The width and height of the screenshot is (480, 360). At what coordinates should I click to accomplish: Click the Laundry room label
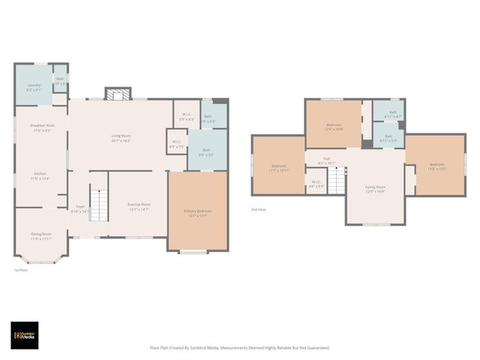[x=34, y=87]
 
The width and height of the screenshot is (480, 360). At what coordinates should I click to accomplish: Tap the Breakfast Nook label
[x=42, y=127]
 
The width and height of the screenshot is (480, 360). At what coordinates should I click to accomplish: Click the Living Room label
[x=121, y=138]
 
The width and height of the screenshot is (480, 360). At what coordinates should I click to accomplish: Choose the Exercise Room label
[x=139, y=206]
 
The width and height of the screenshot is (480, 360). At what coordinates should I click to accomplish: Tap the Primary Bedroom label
[x=198, y=213]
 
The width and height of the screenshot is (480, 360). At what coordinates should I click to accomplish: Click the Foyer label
[x=79, y=209]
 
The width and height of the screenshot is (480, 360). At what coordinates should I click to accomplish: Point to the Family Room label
[x=375, y=189]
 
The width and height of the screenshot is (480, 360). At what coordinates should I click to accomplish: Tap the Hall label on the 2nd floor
[x=326, y=160]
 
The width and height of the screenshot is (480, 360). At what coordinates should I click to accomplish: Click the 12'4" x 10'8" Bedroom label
[x=334, y=127]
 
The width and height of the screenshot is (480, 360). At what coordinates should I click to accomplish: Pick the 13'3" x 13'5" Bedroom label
[x=436, y=166]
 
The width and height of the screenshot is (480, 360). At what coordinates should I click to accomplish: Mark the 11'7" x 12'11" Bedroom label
[x=279, y=168]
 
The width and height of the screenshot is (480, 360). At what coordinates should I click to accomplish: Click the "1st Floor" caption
[x=21, y=270]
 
